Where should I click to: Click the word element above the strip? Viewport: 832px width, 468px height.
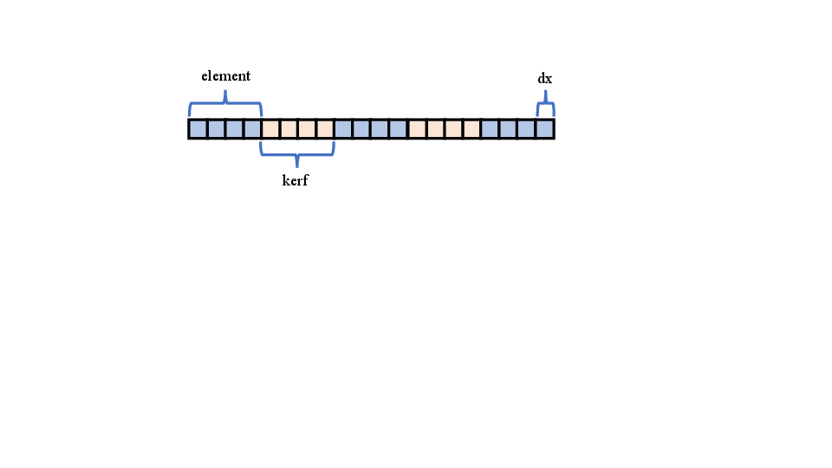click(x=225, y=76)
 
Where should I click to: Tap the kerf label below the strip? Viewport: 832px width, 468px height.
click(x=296, y=181)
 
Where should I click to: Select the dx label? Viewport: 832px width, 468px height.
click(x=545, y=79)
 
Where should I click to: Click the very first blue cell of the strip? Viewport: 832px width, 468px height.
click(x=198, y=129)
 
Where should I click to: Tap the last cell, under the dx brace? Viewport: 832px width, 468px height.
click(x=544, y=129)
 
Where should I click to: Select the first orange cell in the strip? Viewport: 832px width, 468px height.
click(x=270, y=129)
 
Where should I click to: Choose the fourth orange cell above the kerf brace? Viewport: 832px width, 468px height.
click(x=325, y=129)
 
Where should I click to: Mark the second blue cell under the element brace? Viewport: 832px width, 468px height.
click(x=217, y=129)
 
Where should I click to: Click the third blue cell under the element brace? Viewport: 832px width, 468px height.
click(x=234, y=129)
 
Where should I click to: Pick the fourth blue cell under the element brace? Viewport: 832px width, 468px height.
click(x=252, y=129)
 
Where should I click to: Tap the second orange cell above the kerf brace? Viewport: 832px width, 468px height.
click(x=289, y=129)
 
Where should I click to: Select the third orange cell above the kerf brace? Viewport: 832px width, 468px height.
click(x=307, y=129)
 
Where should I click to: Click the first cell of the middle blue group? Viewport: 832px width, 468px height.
click(x=343, y=129)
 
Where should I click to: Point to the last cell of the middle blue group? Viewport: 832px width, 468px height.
click(x=398, y=129)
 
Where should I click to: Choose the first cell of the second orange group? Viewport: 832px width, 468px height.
click(x=417, y=129)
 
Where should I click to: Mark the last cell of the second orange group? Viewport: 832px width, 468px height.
click(x=471, y=129)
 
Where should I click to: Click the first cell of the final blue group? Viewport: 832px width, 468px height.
click(x=490, y=129)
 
